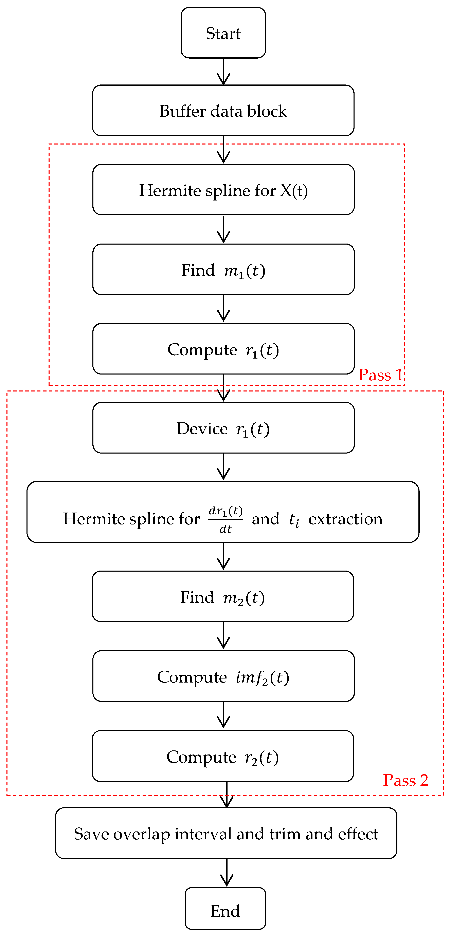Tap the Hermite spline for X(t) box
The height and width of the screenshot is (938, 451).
(x=223, y=190)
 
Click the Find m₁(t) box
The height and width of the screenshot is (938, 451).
(x=223, y=269)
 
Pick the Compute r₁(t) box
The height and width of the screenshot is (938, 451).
(x=223, y=349)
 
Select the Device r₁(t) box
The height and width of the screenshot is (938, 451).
(x=223, y=428)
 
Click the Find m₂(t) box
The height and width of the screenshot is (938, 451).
(x=223, y=596)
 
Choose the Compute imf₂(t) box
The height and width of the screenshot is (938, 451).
(x=223, y=676)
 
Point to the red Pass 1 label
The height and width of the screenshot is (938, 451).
(x=380, y=375)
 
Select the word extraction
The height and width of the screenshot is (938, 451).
(x=345, y=519)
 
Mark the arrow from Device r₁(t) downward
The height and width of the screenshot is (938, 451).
(x=223, y=467)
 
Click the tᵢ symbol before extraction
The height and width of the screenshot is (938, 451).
(x=294, y=520)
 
